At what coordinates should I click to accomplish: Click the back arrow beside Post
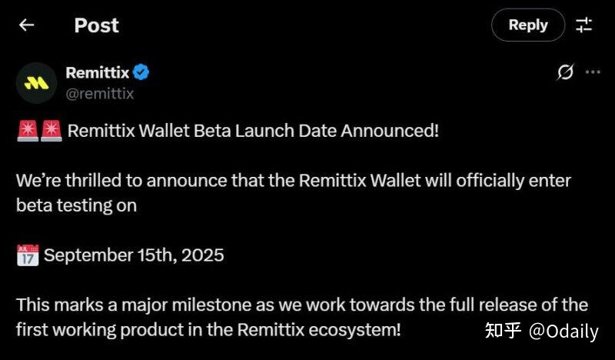(x=27, y=25)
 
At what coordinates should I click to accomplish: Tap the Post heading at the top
(x=96, y=25)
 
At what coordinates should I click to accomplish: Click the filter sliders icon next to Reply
(x=584, y=25)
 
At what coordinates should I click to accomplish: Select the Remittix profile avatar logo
(x=36, y=83)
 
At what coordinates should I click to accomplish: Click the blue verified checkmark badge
(x=141, y=73)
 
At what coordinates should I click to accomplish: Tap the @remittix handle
(x=100, y=94)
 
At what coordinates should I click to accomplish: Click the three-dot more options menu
(x=593, y=72)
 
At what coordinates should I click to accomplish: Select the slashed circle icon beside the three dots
(x=565, y=72)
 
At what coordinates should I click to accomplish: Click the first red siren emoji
(x=27, y=130)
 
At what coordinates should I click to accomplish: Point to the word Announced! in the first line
(x=390, y=130)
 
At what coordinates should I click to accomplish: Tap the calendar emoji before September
(x=27, y=255)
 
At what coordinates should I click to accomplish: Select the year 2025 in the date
(x=202, y=255)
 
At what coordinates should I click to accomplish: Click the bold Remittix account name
(x=97, y=73)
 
